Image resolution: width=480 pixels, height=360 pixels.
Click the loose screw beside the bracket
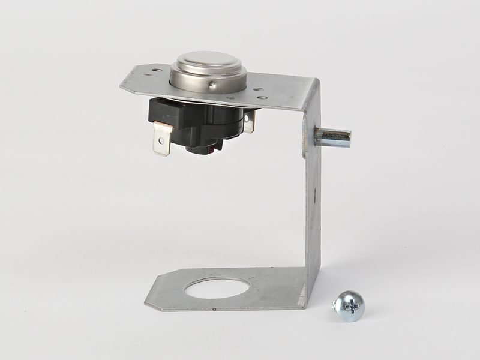[349, 305]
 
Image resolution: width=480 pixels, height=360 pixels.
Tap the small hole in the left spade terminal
[160, 142]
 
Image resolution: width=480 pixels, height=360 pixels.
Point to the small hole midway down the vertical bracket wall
[314, 193]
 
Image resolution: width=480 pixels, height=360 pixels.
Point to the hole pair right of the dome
[259, 93]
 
